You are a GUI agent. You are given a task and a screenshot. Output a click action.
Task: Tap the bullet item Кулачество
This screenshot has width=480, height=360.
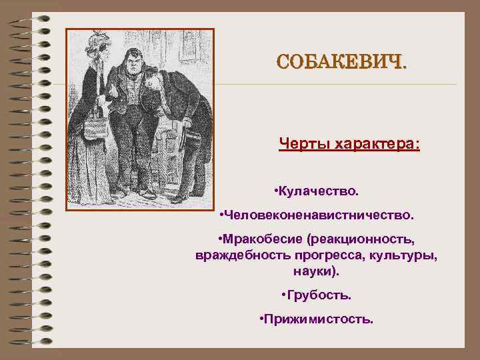pyautogui.click(x=318, y=192)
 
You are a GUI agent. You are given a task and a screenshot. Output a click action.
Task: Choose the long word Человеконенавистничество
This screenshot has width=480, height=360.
pyautogui.click(x=319, y=216)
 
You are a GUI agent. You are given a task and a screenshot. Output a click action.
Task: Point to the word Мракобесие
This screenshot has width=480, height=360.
pyautogui.click(x=259, y=239)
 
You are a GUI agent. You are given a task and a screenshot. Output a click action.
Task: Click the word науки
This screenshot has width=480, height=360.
pyautogui.click(x=315, y=272)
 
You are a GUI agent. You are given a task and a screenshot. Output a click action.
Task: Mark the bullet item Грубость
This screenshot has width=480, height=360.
pyautogui.click(x=318, y=295)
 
